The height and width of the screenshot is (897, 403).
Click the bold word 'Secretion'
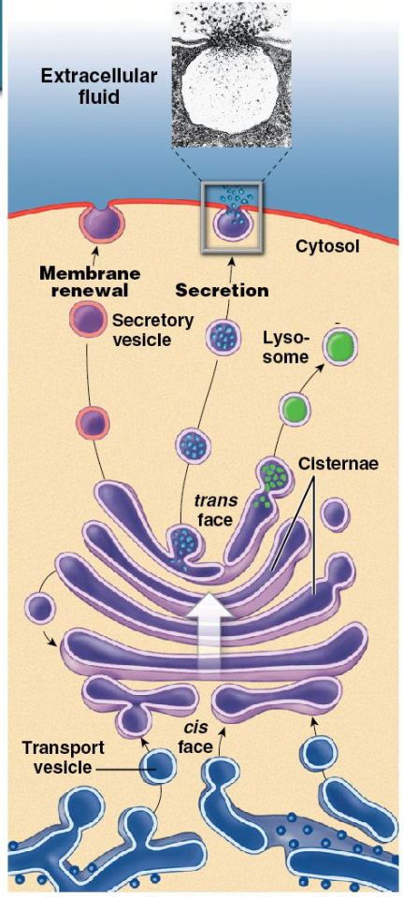tap(222, 290)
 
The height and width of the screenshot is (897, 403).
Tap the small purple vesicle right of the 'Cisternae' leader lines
tap(335, 514)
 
